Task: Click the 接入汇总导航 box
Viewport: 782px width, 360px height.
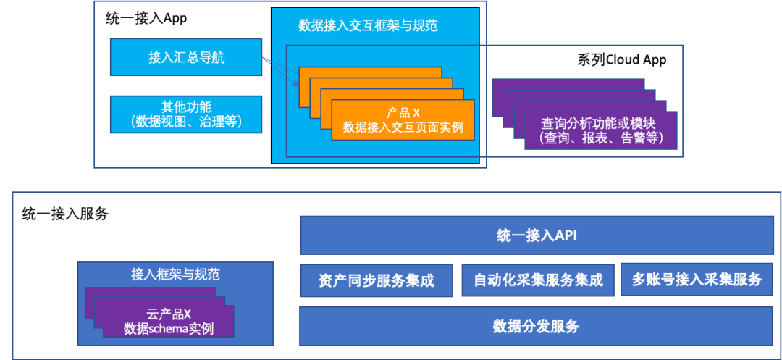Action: [185, 57]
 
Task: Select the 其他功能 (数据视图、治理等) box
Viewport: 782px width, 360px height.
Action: [185, 114]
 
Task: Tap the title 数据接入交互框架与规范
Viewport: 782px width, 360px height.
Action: [368, 25]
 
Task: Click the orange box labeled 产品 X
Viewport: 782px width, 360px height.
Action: [403, 120]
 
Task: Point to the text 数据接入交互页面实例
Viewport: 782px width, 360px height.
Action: [403, 128]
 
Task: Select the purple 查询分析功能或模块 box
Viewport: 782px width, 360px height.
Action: [601, 130]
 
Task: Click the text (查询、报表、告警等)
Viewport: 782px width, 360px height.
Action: [601, 138]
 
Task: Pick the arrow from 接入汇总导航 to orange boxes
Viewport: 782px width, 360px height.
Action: [281, 72]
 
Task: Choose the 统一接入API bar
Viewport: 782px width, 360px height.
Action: [537, 236]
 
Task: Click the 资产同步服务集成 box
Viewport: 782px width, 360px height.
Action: [376, 280]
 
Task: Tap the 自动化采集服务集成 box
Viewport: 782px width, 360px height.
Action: [537, 280]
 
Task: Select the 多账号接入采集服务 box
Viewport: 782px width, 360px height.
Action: [697, 280]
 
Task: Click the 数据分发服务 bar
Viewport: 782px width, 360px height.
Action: [537, 326]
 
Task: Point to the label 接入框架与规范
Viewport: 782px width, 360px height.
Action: [175, 274]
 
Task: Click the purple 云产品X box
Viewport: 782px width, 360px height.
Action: [168, 321]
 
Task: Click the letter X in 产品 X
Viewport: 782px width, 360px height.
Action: [416, 113]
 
